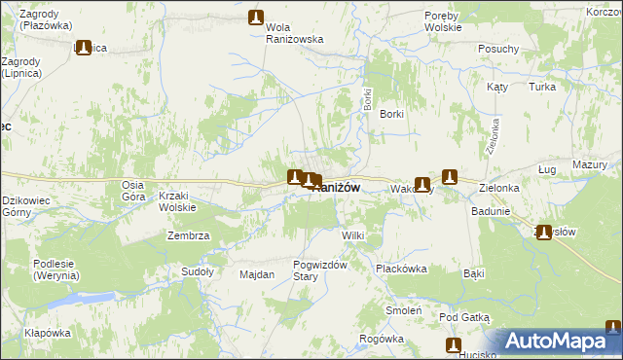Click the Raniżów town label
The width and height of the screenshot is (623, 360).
click(x=337, y=188)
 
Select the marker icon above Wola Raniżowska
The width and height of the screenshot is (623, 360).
click(x=256, y=18)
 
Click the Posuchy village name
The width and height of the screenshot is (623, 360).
click(x=498, y=49)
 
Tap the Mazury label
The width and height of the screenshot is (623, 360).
click(x=589, y=165)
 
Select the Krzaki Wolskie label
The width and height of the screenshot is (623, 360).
click(x=177, y=201)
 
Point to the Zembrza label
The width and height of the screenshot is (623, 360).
click(x=189, y=236)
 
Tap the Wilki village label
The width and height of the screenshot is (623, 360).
click(x=352, y=236)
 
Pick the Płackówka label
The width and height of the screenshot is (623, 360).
click(x=403, y=270)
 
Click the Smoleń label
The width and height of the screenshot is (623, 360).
click(x=402, y=311)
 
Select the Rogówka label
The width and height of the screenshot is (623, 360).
click(x=381, y=339)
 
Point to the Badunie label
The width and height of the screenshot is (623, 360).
click(x=490, y=211)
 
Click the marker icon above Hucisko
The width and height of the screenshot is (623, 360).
click(x=454, y=345)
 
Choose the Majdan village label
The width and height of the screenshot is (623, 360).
click(x=257, y=274)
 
